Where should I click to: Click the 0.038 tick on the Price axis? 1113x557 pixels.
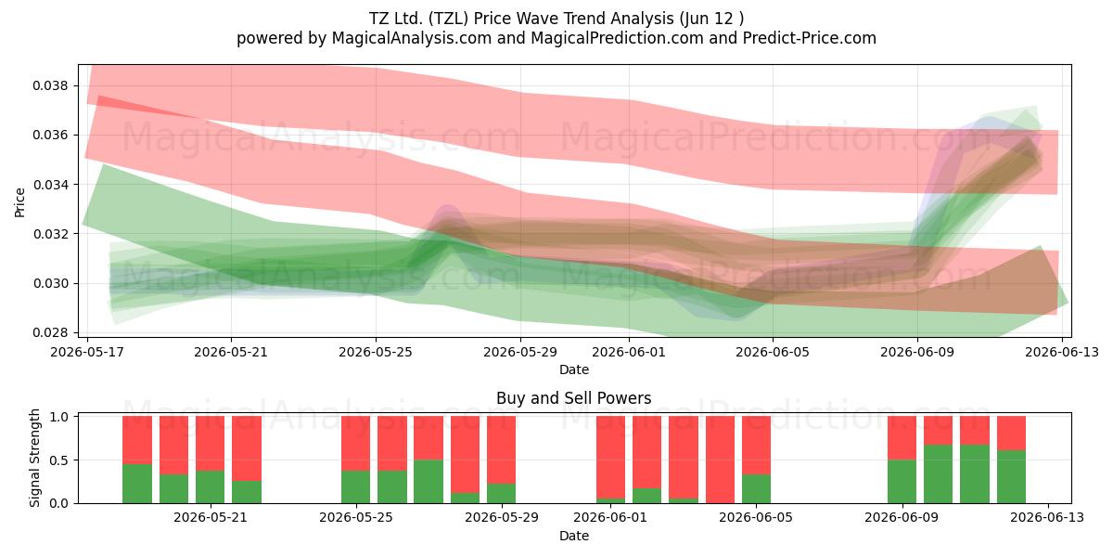click(50, 86)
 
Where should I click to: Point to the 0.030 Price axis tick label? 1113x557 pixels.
click(50, 283)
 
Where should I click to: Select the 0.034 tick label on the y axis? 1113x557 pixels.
click(50, 185)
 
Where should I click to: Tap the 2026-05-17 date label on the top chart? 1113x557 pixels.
click(87, 352)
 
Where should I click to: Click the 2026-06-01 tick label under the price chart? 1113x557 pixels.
click(629, 352)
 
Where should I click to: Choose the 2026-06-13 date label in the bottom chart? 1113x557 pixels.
click(1047, 517)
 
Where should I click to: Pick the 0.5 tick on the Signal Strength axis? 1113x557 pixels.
click(58, 460)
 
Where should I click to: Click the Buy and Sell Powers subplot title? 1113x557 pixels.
click(574, 398)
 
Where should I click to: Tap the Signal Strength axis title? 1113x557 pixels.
click(34, 458)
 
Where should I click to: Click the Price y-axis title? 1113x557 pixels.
click(19, 202)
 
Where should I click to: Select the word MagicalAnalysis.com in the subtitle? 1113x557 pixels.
click(412, 38)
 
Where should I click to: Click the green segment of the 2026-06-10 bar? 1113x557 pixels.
click(938, 474)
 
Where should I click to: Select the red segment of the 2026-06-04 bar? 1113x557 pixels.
click(720, 460)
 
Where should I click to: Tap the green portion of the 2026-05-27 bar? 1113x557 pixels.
click(429, 482)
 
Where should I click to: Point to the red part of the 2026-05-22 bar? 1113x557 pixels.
click(247, 448)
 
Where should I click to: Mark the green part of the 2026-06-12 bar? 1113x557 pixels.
click(1011, 477)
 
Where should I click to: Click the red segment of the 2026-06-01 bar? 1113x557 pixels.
click(610, 458)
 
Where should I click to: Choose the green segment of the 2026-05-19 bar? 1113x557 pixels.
click(137, 484)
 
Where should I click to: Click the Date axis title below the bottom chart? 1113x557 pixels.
click(574, 536)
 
